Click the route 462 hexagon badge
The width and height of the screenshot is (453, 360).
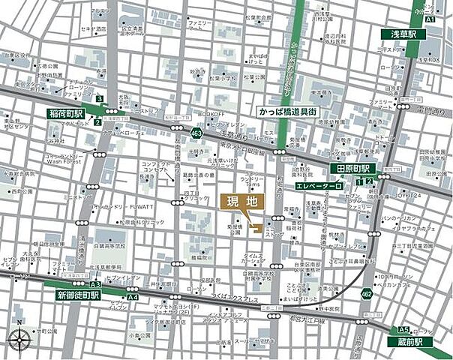pos(365,293)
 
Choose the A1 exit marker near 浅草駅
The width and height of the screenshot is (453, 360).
pos(430,19)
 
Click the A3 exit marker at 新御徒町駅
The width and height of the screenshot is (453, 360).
pos(95,286)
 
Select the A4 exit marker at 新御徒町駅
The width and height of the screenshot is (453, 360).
pos(133,298)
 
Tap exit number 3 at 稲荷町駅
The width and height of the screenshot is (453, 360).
pos(99,98)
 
